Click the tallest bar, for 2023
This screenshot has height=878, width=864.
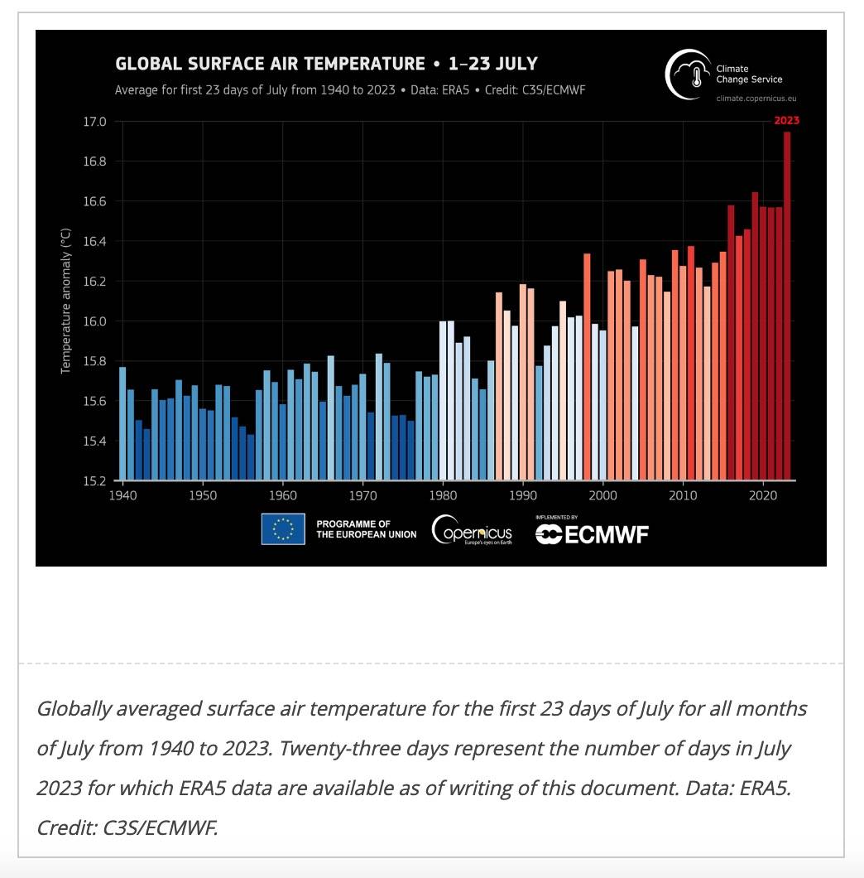pos(787,306)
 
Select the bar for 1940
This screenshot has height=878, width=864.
pos(122,422)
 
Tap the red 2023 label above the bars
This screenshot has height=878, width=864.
pos(786,120)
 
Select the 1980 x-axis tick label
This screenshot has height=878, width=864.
pos(444,495)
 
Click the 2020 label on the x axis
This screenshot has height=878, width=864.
pos(761,495)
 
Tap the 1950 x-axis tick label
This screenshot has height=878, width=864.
pos(203,495)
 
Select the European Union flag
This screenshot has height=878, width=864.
pos(283,529)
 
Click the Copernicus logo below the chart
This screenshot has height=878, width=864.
pos(473,530)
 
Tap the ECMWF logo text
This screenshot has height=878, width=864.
pos(592,534)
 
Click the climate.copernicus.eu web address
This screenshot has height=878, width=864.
pos(748,98)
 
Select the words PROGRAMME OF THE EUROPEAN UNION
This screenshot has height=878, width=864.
pos(366,529)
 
